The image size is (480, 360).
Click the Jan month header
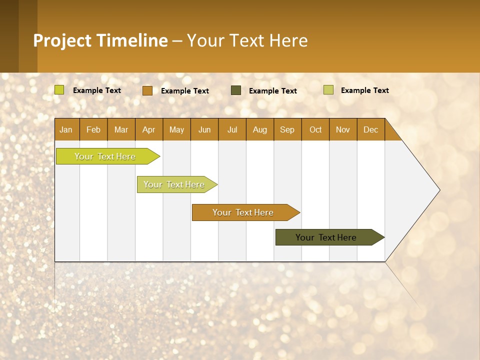pos(66,129)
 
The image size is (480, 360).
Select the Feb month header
pos(93,129)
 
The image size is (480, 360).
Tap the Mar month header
pos(121,129)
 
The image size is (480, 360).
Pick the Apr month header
pos(149,129)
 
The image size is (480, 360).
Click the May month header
pos(176,129)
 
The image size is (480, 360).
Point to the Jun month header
pos(204,129)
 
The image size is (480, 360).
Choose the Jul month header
pos(232,129)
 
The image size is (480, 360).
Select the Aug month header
pos(260,129)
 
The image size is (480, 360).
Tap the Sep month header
pos(287,129)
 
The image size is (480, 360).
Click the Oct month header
pos(315,129)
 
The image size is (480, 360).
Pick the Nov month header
pos(343,129)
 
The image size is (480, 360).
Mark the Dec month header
pos(371,129)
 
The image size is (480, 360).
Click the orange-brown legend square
pos(147,90)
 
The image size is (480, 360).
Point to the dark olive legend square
pos(236,90)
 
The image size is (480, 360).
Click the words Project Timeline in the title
pos(100,40)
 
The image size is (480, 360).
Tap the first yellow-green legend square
pos(59,90)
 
